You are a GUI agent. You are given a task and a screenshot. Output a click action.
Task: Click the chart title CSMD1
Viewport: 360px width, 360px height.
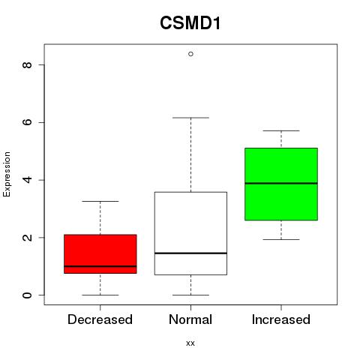point(190,23)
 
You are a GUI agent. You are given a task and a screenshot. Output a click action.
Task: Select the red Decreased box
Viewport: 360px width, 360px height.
point(100,253)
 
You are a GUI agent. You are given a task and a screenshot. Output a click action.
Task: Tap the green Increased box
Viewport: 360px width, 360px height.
point(281,184)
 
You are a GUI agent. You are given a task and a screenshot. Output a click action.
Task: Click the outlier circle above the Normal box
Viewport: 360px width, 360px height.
point(190,54)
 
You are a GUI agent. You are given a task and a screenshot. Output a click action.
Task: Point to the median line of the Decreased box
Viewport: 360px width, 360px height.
point(100,266)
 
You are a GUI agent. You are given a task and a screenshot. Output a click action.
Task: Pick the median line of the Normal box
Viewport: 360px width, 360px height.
point(190,253)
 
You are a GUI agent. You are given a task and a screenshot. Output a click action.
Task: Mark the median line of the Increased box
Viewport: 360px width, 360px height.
point(281,183)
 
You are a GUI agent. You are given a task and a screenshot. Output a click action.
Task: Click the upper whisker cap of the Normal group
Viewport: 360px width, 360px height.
point(190,118)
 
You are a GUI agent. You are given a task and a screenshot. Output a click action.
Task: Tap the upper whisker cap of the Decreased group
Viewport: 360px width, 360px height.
point(100,201)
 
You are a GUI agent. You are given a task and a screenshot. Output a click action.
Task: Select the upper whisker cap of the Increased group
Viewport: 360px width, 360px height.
point(281,130)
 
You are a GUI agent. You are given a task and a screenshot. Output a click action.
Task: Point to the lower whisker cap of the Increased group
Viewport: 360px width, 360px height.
point(281,239)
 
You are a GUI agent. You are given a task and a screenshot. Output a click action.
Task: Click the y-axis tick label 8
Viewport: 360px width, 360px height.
point(27,65)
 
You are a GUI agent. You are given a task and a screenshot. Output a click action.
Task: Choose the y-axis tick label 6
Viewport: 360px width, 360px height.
point(27,122)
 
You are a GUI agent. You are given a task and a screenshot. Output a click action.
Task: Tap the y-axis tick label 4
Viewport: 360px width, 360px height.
point(27,180)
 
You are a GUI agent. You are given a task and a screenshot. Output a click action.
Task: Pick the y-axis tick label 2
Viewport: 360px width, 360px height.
point(27,237)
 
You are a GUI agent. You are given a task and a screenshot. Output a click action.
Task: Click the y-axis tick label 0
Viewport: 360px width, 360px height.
point(27,295)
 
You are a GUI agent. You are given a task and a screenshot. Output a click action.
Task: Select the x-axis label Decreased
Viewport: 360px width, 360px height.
point(100,319)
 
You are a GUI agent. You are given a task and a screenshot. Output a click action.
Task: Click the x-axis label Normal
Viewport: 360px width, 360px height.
point(190,319)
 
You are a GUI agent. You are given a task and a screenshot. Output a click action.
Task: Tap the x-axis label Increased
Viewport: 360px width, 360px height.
point(281,319)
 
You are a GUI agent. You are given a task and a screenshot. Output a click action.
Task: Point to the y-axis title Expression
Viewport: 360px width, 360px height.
point(7,174)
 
